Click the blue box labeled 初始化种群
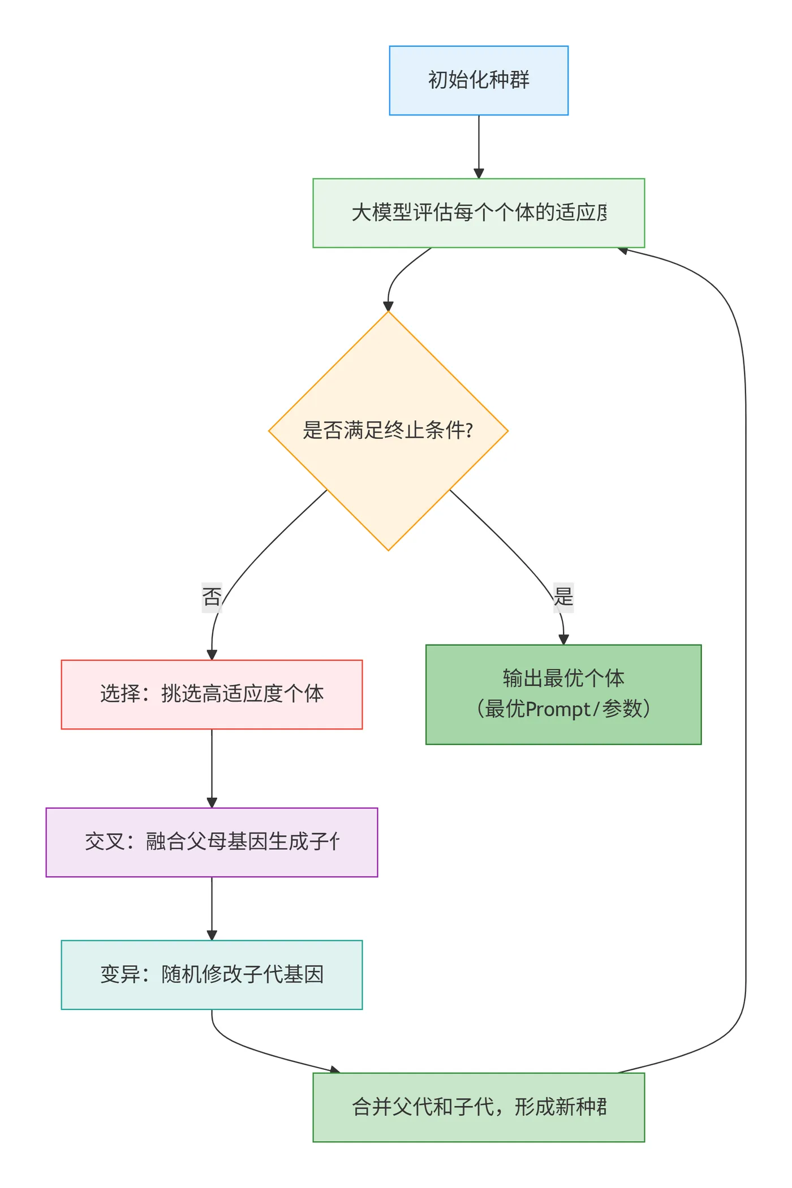[479, 80]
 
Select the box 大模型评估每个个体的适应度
[479, 213]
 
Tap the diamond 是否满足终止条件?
[388, 430]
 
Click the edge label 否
[212, 597]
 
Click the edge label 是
[563, 597]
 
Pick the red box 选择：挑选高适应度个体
[212, 694]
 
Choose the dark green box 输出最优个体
[563, 694]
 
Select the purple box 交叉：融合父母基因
[212, 842]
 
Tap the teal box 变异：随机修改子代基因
[212, 974]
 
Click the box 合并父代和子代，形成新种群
[479, 1107]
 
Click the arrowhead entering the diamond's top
[388, 306]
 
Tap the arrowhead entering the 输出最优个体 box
[563, 640]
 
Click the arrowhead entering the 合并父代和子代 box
[334, 1069]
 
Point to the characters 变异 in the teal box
[120, 974]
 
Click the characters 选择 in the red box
[120, 694]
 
